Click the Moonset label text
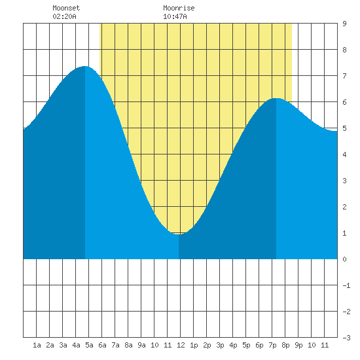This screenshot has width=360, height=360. (x=66, y=8)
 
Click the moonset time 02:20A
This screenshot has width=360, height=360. (x=65, y=16)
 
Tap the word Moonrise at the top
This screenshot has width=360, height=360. (x=179, y=8)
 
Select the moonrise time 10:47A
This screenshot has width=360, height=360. (x=175, y=16)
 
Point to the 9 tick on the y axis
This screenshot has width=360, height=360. (x=344, y=24)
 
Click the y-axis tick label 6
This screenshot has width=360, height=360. (x=344, y=102)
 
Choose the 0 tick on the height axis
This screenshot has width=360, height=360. (x=344, y=259)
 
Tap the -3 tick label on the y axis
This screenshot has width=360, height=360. (x=346, y=338)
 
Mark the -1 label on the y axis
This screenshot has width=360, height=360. (x=346, y=285)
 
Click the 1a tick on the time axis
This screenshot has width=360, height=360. (x=37, y=345)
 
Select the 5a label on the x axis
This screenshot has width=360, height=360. (x=89, y=345)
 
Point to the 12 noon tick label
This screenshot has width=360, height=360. (x=181, y=345)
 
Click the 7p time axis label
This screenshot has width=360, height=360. (x=272, y=345)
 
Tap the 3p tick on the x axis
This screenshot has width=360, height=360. (x=220, y=345)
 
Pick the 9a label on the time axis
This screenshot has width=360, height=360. (x=141, y=345)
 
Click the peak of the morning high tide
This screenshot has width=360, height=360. (x=85, y=66)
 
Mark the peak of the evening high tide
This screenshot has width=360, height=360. (x=276, y=98)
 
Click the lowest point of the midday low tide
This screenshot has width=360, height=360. (x=179, y=234)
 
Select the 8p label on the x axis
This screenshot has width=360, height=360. (x=285, y=345)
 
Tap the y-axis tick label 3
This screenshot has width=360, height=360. (x=344, y=181)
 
